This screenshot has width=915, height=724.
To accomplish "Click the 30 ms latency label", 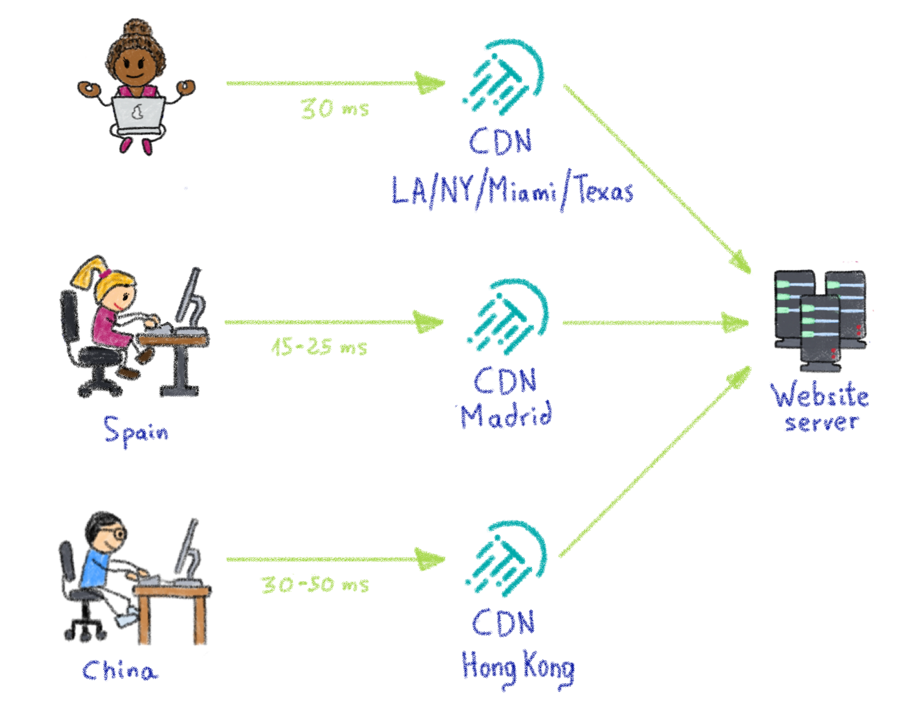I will [334, 109].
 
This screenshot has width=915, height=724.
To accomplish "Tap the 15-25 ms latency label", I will [319, 347].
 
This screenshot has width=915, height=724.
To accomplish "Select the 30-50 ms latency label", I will [315, 585].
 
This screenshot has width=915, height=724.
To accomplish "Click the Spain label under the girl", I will [136, 430].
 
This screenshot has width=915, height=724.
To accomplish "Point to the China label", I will [120, 671].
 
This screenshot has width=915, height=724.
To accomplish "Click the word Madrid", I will [506, 415].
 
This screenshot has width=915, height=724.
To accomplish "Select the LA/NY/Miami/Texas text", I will [512, 191].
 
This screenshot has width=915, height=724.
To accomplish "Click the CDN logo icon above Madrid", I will [508, 317].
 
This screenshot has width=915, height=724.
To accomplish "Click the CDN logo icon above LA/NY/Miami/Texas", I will [504, 77].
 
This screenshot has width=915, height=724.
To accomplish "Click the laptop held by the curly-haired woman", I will [139, 114].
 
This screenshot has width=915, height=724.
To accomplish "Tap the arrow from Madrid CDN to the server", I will [652, 323].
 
